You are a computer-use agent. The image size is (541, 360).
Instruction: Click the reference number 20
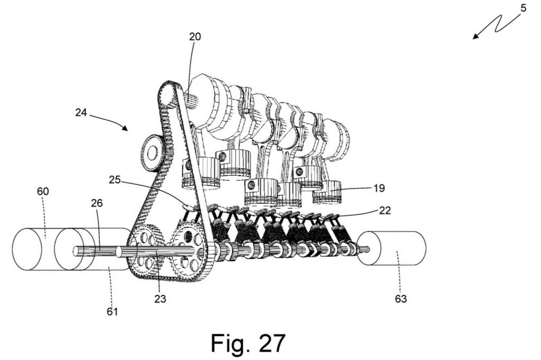(195, 36)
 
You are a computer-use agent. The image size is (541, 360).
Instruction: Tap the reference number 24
(81, 112)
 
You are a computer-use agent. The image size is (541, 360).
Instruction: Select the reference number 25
(115, 179)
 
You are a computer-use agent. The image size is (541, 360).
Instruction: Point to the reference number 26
(97, 203)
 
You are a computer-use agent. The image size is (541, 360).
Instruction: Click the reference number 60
(43, 191)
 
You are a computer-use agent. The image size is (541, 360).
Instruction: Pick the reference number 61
(113, 311)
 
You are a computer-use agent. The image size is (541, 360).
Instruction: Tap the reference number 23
(160, 299)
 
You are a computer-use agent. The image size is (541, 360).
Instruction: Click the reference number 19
(379, 188)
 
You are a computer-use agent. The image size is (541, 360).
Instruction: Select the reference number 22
(385, 210)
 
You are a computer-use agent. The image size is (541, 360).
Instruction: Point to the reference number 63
(401, 299)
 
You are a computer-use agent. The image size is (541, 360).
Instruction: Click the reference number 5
(524, 8)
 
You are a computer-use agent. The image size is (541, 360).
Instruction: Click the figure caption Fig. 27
(248, 343)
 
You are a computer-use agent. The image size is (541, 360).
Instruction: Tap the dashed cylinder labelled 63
(391, 248)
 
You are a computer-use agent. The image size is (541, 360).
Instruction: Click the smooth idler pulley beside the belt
(152, 153)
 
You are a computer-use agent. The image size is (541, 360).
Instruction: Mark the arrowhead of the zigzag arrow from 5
(476, 36)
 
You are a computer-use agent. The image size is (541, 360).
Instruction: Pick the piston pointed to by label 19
(327, 192)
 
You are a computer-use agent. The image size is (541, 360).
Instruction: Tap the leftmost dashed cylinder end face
(27, 249)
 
